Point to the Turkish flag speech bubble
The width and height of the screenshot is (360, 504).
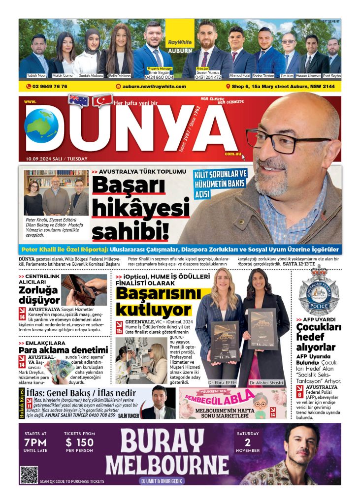(x=103, y=101)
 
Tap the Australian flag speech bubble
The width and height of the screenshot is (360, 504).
(x=78, y=100)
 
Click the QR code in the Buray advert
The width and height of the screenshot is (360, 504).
(x=29, y=474)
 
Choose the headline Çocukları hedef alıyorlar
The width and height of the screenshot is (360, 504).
(x=319, y=338)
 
